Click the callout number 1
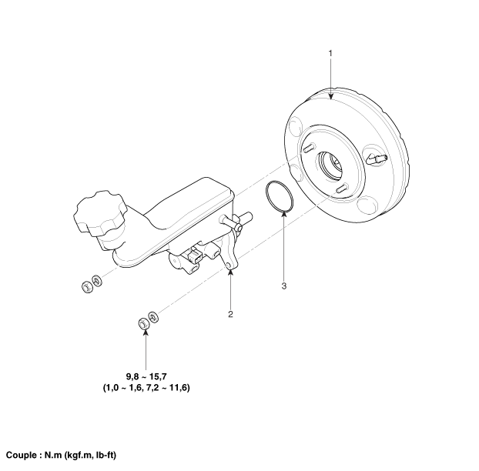point(330,53)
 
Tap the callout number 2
point(230,314)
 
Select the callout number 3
point(284,286)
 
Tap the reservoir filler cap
point(99,213)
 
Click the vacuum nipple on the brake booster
point(377,159)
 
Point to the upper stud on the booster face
point(309,148)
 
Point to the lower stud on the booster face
point(342,188)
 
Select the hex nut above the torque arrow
point(143,323)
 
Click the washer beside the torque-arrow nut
point(153,317)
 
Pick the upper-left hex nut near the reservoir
point(87,287)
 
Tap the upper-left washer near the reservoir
point(97,280)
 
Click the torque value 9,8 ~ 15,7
point(146,377)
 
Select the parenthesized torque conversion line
point(146,388)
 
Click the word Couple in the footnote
point(21,456)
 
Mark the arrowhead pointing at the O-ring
point(284,214)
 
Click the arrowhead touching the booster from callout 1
point(330,97)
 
